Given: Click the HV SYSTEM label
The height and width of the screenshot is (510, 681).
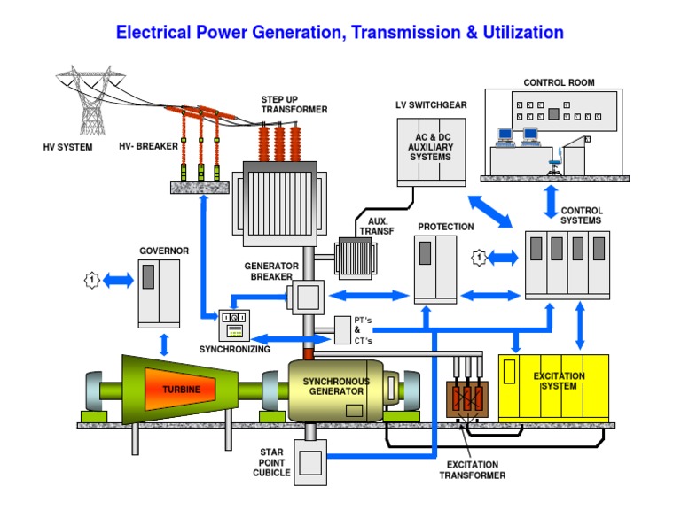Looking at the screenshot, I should point(67,147).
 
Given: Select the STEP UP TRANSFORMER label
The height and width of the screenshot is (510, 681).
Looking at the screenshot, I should point(294,104).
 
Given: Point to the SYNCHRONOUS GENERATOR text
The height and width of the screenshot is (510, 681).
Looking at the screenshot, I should point(333,386).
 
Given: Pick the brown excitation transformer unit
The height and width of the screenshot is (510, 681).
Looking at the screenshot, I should point(467,400).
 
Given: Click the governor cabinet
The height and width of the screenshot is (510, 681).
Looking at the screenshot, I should point(159,290).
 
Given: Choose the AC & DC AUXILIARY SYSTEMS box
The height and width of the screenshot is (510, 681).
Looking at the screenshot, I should point(430,151).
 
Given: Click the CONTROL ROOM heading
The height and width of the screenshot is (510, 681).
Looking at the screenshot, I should point(559,83).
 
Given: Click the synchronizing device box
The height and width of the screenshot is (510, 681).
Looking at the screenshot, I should point(236,325).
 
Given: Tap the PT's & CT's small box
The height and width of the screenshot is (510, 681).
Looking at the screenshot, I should point(343,329).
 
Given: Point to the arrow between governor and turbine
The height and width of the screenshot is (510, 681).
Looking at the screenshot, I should point(163,343).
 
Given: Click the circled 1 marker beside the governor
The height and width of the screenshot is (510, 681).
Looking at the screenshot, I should point(90,281).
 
